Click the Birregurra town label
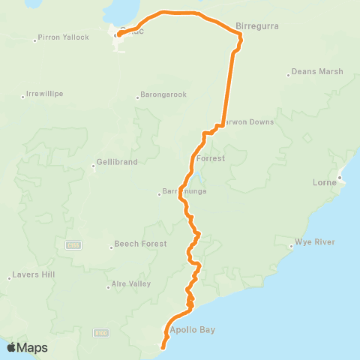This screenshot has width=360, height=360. (x=257, y=25)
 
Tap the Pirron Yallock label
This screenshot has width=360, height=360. (x=64, y=37)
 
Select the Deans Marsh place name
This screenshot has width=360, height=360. (x=317, y=72)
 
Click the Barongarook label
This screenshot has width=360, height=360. (x=163, y=95)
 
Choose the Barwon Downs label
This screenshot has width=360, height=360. (x=246, y=121)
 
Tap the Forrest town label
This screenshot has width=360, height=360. (x=210, y=159)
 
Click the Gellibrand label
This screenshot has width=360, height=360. (x=114, y=163)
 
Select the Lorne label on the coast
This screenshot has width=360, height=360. (x=324, y=182)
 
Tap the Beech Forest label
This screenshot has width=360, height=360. (x=139, y=244)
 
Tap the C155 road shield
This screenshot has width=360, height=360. (x=73, y=244)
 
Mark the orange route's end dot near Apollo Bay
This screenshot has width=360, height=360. (x=163, y=346)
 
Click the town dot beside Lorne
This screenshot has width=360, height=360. (x=339, y=178)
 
